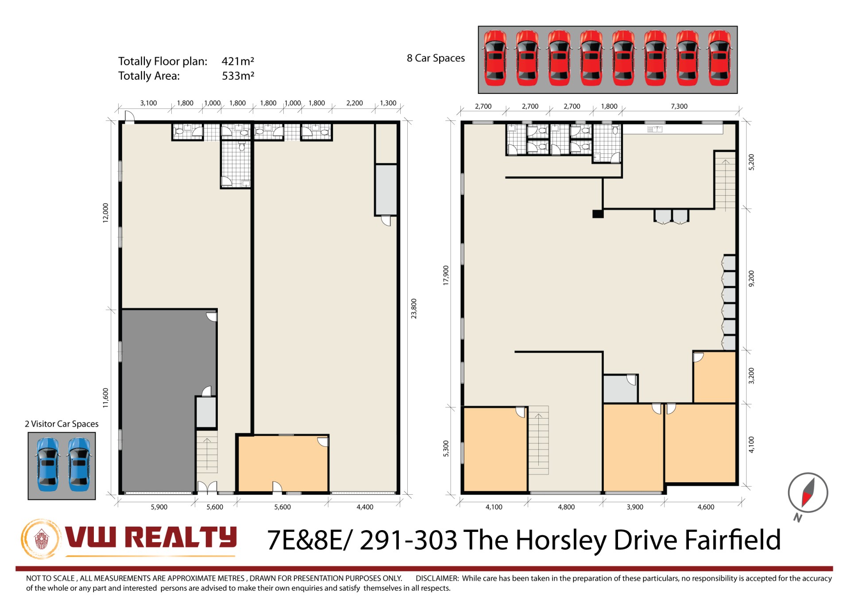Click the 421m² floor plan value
click(238, 61)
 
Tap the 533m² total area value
click(238, 76)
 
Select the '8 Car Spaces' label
click(436, 58)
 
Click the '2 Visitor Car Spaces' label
click(62, 424)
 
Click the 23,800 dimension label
click(414, 309)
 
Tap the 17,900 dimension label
click(446, 275)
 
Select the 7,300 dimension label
click(679, 106)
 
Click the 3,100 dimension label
click(148, 103)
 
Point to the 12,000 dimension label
click(105, 213)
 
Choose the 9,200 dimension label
click(751, 279)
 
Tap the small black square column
click(598, 214)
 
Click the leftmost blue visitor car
click(47, 465)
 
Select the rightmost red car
click(719, 58)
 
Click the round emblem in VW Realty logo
click(41, 539)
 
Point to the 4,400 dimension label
click(365, 507)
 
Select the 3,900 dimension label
click(635, 507)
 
